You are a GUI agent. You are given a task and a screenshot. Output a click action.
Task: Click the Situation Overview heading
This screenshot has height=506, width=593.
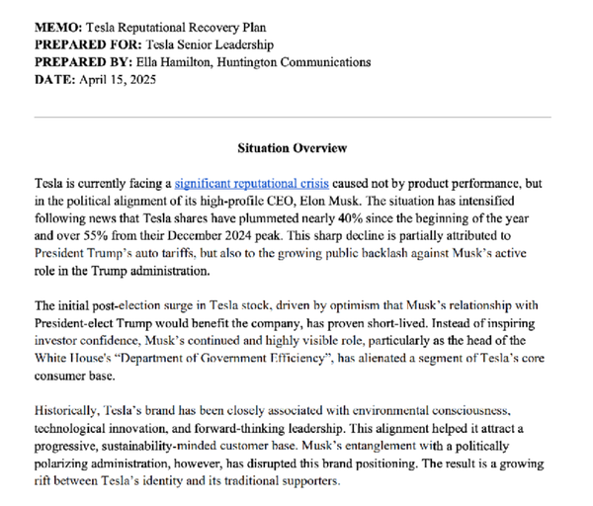[293, 148]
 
